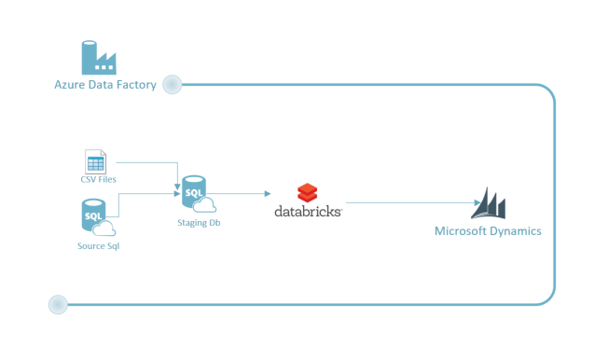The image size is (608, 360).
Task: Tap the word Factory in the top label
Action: tap(136, 86)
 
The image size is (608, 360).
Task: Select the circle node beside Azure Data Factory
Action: tap(172, 86)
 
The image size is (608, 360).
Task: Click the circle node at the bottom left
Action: tap(58, 304)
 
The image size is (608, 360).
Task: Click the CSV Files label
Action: tap(96, 179)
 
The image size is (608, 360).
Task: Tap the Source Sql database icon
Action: tap(94, 217)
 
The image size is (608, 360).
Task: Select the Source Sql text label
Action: tap(98, 245)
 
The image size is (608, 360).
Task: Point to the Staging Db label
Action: tap(198, 222)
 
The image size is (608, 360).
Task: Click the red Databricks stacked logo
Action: tap(308, 193)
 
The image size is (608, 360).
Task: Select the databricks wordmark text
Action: tap(308, 212)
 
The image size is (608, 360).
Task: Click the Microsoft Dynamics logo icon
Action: tap(489, 203)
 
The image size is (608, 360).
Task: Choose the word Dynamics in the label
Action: tap(519, 231)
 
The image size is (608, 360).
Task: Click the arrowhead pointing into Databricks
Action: tap(268, 194)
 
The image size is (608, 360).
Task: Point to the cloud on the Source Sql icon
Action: tap(104, 228)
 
